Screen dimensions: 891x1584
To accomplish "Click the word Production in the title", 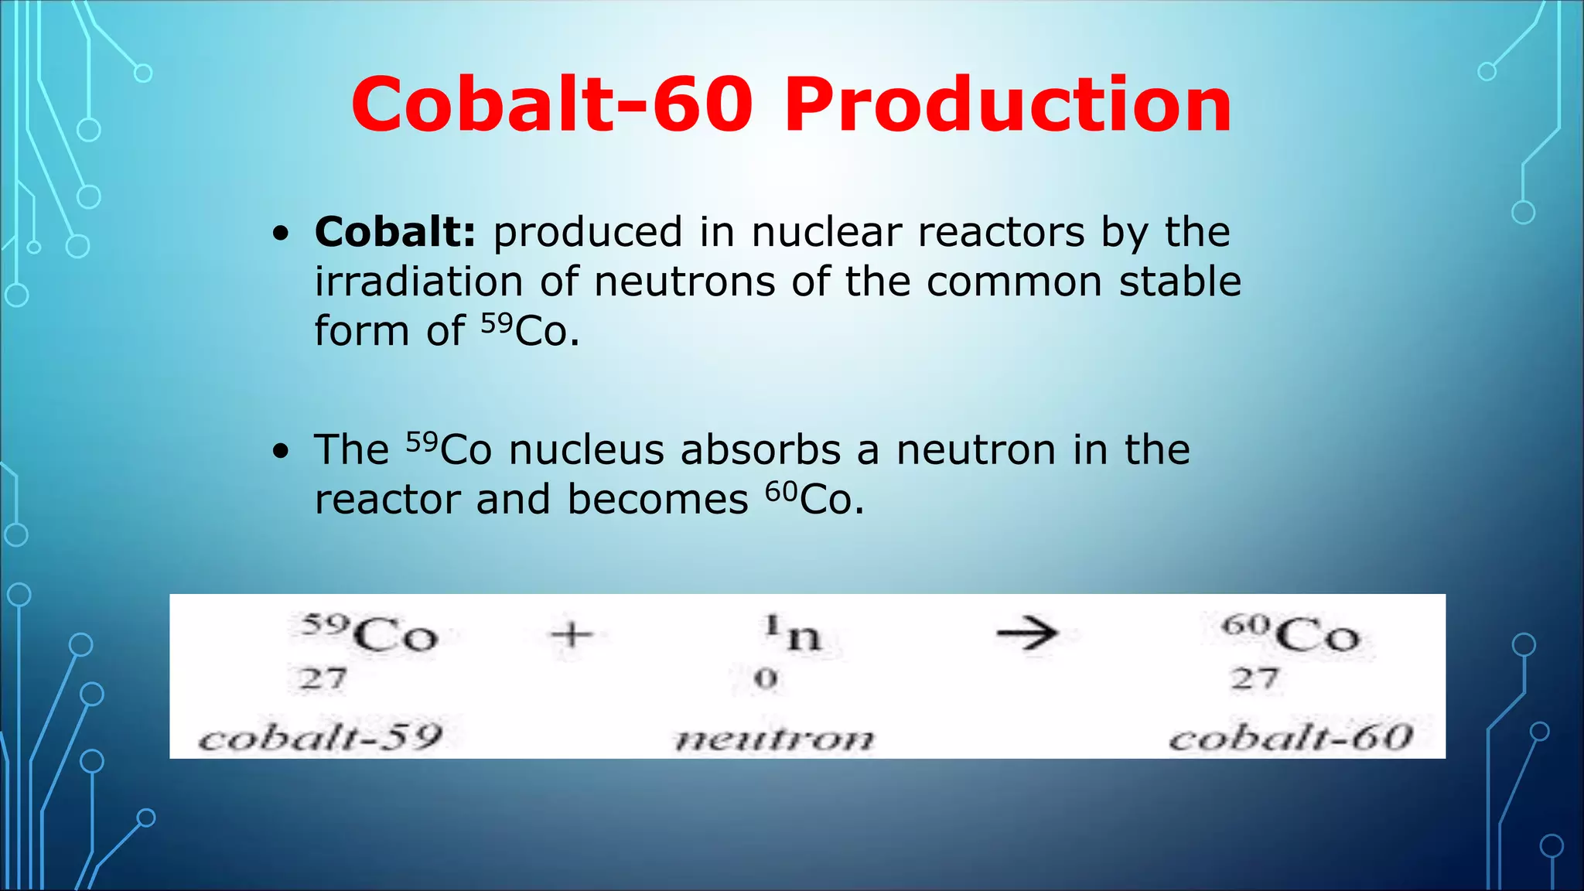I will click(x=1008, y=105).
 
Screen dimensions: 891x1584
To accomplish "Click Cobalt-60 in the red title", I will click(x=551, y=105).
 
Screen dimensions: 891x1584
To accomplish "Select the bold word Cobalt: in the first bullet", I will click(x=394, y=232).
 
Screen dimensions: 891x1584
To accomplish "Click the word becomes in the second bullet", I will click(x=657, y=500).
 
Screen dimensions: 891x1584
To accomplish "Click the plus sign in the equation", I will click(x=572, y=635).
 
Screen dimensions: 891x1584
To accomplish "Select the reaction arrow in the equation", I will click(x=1026, y=634).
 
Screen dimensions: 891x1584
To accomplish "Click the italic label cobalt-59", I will click(x=320, y=737).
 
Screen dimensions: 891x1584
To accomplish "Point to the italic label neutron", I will click(x=774, y=739).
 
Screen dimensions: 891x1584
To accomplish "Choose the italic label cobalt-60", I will click(x=1291, y=737).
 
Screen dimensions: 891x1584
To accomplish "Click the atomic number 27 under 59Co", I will click(x=323, y=679).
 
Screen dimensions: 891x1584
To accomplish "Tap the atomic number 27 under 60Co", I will click(x=1254, y=679).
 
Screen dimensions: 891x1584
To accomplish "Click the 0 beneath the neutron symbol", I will click(x=766, y=679).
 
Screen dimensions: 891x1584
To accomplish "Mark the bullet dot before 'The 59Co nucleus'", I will click(x=281, y=451).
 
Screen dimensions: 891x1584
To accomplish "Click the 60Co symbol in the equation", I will click(x=1290, y=633).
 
